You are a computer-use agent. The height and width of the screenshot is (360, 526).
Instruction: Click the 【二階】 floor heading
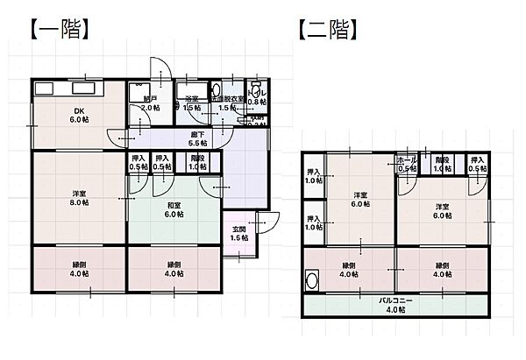(x=329, y=31)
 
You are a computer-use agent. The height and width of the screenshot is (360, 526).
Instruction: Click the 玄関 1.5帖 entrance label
(x=238, y=232)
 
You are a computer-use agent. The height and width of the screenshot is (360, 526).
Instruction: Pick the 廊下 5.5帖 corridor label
(x=198, y=138)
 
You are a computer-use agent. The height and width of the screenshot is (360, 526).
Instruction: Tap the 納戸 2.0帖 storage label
(x=150, y=103)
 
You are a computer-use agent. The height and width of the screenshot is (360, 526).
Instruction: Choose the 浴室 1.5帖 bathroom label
(x=192, y=103)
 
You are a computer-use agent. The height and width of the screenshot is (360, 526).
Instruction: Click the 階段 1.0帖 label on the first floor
(x=197, y=162)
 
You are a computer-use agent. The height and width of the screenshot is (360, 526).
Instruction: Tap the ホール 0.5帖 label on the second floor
(x=407, y=165)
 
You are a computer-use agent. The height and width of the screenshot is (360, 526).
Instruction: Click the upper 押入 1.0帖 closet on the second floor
(x=313, y=175)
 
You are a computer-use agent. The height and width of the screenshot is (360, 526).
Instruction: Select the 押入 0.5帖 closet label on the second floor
(x=477, y=165)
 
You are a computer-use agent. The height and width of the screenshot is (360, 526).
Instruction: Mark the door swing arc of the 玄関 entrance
(x=270, y=222)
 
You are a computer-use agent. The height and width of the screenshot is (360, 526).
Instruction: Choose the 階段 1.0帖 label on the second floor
(x=442, y=165)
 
